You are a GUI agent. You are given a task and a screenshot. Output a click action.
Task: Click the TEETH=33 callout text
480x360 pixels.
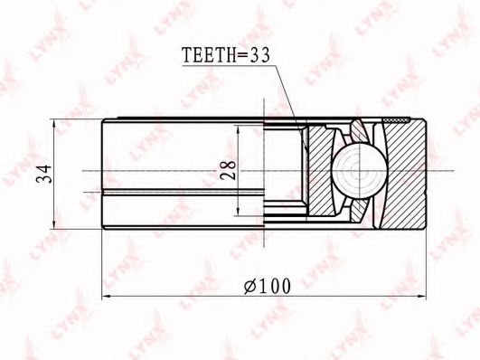(x=226, y=55)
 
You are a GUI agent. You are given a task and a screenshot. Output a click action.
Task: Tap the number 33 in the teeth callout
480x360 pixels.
(x=260, y=55)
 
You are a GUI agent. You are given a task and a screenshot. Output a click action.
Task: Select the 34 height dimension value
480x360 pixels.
(x=43, y=174)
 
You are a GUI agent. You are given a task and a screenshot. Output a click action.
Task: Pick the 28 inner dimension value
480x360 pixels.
(x=228, y=170)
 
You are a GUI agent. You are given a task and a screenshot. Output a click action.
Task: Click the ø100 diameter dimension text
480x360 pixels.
(x=268, y=287)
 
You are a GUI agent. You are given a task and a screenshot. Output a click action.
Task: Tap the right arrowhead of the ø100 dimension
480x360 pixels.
(x=421, y=297)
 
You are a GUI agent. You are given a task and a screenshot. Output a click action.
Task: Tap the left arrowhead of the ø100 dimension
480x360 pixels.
(x=107, y=297)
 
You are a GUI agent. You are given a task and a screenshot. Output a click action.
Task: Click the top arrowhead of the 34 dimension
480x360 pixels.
(x=54, y=125)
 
